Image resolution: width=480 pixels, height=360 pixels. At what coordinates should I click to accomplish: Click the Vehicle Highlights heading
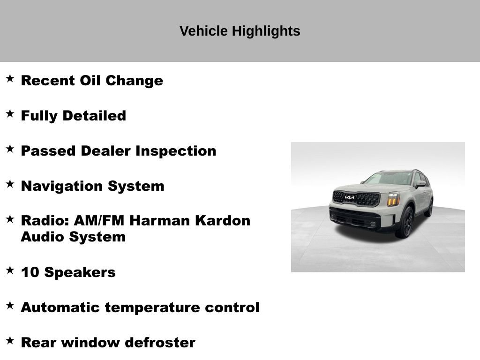click(240, 31)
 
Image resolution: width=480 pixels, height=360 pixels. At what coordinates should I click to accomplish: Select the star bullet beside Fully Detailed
click(10, 114)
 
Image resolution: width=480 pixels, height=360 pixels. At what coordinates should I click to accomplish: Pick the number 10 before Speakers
click(30, 272)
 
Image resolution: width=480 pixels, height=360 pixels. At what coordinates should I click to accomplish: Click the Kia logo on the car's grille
click(350, 198)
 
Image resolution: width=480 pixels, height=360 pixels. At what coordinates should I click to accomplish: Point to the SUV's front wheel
click(406, 222)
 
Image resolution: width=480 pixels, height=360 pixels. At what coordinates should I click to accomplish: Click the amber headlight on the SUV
click(393, 199)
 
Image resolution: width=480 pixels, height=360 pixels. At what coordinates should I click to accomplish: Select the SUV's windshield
click(389, 178)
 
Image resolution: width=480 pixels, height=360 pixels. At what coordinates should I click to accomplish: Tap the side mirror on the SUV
click(420, 184)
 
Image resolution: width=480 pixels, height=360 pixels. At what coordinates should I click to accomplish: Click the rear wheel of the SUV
click(429, 208)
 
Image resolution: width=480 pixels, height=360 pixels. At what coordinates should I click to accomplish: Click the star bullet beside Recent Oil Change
click(10, 79)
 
